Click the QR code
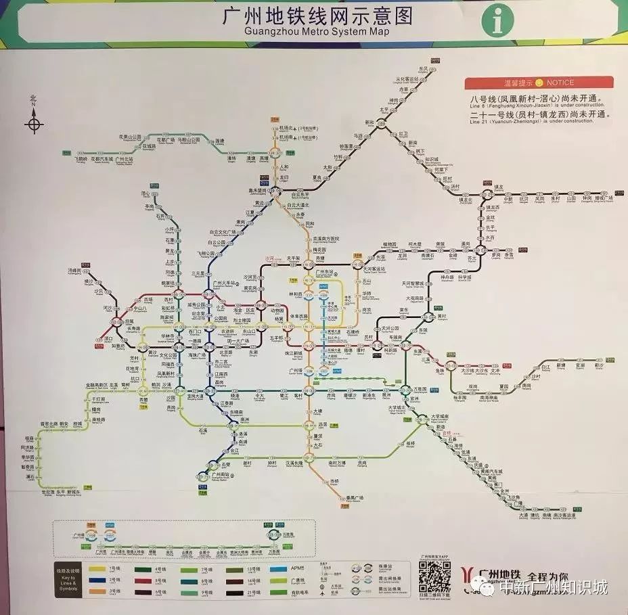(x=434, y=577)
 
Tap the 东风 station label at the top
(x=424, y=69)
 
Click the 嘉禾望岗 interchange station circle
(x=274, y=191)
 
